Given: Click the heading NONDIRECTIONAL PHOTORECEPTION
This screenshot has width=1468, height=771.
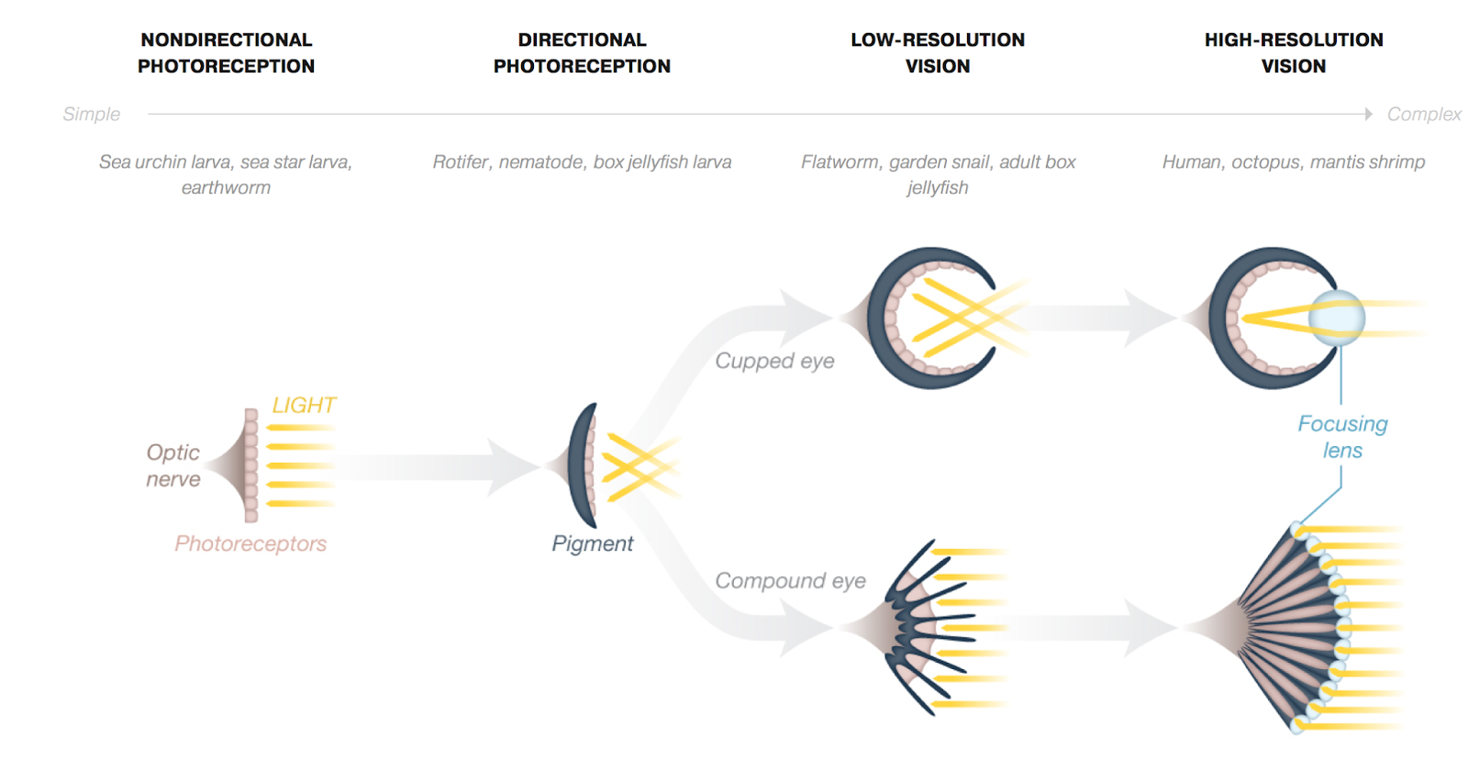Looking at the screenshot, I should coord(226,53).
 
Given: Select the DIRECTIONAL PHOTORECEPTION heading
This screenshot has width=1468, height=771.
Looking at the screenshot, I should coord(582,53).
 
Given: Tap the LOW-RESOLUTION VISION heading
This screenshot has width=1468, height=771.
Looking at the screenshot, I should coord(937,53).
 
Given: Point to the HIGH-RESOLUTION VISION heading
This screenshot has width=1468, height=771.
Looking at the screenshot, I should coord(1293,53).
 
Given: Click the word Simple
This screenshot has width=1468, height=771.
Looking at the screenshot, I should coord(91,114).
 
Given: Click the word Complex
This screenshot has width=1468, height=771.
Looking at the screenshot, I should coord(1423,114).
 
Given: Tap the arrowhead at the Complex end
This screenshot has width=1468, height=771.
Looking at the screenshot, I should coord(1368,114).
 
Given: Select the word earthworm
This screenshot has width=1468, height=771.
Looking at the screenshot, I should coord(226,187).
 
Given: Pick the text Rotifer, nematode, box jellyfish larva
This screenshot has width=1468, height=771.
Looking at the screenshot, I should coord(582,162).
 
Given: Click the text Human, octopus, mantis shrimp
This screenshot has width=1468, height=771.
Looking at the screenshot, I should coord(1293,162).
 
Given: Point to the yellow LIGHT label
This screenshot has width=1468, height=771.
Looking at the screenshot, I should coord(304,405).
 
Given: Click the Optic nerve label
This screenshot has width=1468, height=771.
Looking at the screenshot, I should coord(172,465).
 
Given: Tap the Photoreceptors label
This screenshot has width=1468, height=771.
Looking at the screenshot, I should coord(250,543).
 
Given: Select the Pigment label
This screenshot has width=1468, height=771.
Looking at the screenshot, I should coord(592,543).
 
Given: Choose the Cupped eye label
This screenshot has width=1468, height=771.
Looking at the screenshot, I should coord(774,361).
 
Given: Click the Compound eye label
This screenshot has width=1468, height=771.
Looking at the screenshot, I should coord(790,581).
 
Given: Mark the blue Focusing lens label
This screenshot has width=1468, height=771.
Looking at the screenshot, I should coord(1342,437).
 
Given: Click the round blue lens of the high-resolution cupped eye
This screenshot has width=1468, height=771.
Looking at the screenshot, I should coord(1337,318).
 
